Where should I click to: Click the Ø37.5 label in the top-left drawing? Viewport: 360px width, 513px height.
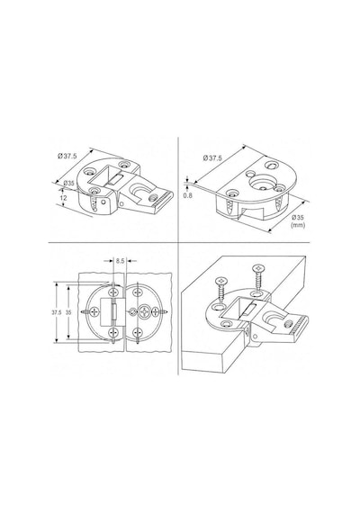pyautogui.click(x=67, y=156)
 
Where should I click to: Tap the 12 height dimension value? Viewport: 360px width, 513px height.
pyautogui.click(x=64, y=198)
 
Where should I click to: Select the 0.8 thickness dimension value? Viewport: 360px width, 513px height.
pyautogui.click(x=188, y=195)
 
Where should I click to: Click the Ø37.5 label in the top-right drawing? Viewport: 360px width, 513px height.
pyautogui.click(x=212, y=158)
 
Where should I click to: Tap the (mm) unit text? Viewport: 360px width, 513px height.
pyautogui.click(x=298, y=225)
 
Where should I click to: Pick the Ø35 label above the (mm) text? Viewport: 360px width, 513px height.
pyautogui.click(x=298, y=217)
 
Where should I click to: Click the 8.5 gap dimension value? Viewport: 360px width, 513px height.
pyautogui.click(x=120, y=261)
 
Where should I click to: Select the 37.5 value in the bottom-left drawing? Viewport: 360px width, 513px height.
pyautogui.click(x=56, y=312)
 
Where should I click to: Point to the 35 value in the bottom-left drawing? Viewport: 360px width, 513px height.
pyautogui.click(x=68, y=312)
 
